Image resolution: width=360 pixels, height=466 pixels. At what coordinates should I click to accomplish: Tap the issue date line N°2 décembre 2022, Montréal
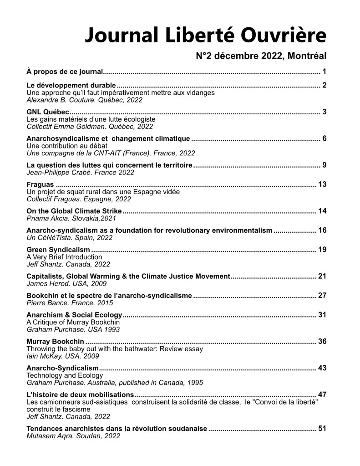pos(261,56)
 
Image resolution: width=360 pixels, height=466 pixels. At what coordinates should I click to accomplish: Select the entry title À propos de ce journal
pos(65,71)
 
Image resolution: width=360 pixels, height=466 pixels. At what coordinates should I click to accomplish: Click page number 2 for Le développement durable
pos(324,85)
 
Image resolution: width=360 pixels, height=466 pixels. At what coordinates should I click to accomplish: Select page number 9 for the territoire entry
pos(324,165)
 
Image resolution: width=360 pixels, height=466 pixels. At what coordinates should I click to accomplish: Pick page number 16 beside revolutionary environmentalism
pos(322,230)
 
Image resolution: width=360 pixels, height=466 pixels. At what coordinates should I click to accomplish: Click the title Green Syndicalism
pos(58,250)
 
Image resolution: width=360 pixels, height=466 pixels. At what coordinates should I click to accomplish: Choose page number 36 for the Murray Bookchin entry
pos(322,341)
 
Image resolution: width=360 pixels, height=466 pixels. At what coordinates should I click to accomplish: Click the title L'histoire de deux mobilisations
pos(80,394)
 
